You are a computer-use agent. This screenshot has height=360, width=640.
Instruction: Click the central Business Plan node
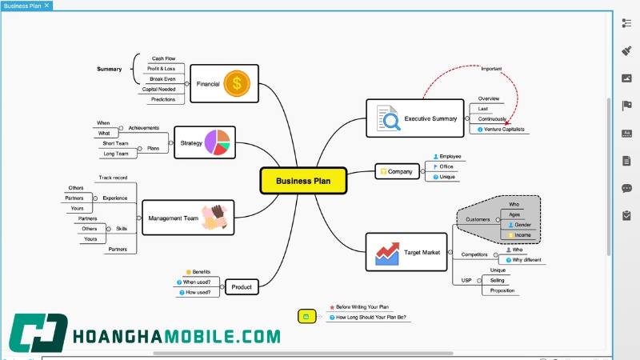(x=303, y=181)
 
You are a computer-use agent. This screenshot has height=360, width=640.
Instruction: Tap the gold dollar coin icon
(x=237, y=84)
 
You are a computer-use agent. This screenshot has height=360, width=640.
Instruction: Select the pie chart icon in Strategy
(x=217, y=142)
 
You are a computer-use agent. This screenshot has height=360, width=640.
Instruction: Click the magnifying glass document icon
(x=388, y=118)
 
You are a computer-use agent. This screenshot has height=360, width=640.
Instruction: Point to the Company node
(x=397, y=171)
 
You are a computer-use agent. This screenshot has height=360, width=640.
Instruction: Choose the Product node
(x=242, y=287)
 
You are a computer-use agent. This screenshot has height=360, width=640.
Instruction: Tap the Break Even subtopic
(x=162, y=79)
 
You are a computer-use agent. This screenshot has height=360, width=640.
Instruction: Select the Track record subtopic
(x=113, y=178)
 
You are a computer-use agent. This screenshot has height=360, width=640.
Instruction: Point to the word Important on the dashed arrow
(x=491, y=69)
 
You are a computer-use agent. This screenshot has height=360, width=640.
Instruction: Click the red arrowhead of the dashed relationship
(x=507, y=123)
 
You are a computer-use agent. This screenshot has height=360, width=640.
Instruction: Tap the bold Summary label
(x=110, y=69)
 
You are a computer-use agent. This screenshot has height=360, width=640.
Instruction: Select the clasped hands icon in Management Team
(x=214, y=218)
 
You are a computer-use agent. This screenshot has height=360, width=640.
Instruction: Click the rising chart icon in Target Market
(x=387, y=254)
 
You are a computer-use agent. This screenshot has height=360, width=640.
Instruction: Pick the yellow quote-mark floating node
(x=307, y=316)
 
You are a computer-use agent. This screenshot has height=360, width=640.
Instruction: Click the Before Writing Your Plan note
(x=359, y=307)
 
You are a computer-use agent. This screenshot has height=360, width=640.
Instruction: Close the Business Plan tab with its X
(x=46, y=6)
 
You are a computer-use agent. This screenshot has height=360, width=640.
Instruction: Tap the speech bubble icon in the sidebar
(x=626, y=188)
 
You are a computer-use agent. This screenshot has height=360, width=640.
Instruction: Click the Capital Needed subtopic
(x=158, y=90)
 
